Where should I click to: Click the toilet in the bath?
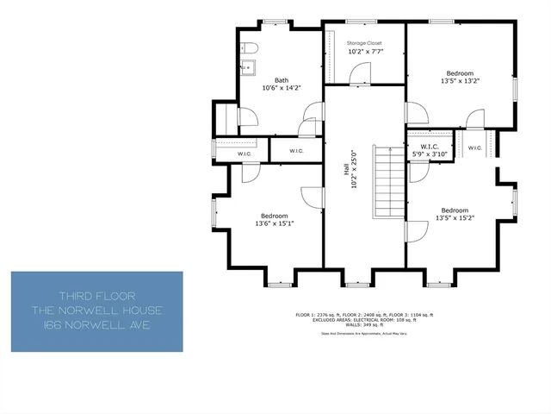tap(247, 47)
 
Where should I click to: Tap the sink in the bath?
tap(246, 65)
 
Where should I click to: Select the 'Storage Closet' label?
tap(364, 42)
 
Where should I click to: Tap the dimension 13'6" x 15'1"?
tap(275, 223)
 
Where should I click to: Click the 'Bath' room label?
tap(282, 79)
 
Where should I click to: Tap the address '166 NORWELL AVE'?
tap(96, 324)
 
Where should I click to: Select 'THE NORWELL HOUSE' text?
tap(96, 310)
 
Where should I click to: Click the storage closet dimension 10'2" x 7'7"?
tap(364, 52)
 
